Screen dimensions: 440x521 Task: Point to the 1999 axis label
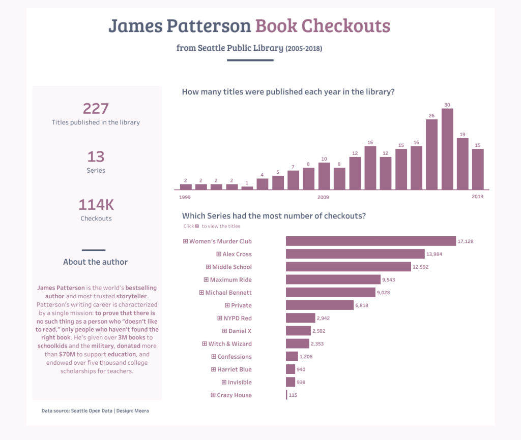pos(185,197)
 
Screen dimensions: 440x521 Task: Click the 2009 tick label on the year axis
pos(323,197)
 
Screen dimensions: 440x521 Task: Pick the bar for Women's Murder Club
pos(370,241)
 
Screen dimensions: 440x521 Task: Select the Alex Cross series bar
pos(355,254)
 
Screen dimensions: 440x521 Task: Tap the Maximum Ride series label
pos(230,279)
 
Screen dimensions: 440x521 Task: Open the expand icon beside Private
pos(227,305)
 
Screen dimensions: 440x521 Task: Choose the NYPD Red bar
pos(301,318)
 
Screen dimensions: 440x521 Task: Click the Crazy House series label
pos(234,395)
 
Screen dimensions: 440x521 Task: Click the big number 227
pos(96,108)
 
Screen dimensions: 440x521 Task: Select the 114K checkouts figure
pos(96,205)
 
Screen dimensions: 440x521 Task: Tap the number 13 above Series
pos(96,156)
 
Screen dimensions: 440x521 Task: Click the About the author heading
pos(95,262)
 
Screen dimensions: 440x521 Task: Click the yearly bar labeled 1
pos(247,188)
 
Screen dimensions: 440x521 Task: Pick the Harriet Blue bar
pos(291,369)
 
